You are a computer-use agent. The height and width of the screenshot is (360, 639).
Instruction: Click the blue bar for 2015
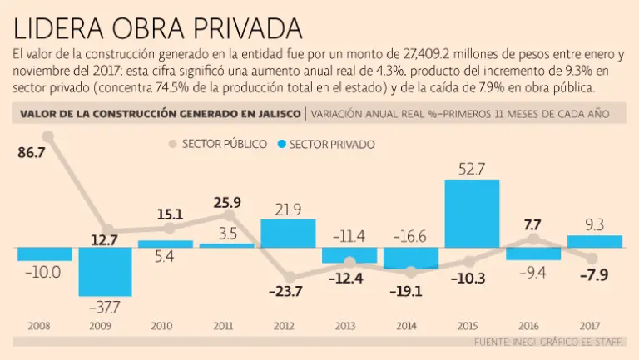[472, 213]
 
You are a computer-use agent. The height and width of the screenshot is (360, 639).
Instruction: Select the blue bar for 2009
[106, 271]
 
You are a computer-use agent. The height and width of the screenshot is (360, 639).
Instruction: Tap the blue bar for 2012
[288, 233]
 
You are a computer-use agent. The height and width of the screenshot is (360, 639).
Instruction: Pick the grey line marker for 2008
[47, 136]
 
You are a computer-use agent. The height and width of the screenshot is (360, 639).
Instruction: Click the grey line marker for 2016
[533, 239]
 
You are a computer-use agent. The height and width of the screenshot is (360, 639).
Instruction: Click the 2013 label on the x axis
[349, 327]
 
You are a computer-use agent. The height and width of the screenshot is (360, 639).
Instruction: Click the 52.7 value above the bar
[472, 169]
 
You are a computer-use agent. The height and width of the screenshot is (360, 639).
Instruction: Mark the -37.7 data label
[106, 308]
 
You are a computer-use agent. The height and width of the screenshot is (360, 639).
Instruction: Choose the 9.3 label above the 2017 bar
[594, 224]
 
